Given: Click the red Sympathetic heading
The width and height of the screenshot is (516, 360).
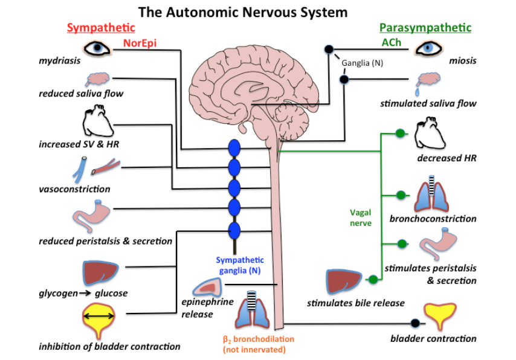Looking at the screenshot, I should (101, 28).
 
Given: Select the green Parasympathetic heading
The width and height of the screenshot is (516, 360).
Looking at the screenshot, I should (425, 28).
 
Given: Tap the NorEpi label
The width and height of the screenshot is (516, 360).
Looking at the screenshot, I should (140, 43).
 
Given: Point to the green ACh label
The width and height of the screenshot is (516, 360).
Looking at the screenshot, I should (391, 43).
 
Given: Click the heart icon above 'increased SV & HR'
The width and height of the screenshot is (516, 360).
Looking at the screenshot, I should (97, 124).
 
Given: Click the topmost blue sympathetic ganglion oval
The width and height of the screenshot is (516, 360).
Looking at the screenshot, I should (234, 149).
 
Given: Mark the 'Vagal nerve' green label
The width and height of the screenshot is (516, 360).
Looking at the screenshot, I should (360, 217).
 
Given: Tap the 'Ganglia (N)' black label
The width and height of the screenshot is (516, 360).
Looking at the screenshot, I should (362, 62).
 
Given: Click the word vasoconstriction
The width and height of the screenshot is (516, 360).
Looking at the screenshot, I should (75, 189).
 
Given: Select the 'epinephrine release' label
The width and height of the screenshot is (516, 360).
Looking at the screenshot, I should (207, 307).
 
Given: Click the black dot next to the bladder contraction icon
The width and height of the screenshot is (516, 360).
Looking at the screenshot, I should (414, 323).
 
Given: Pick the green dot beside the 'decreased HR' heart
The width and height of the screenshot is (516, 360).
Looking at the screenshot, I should (398, 133).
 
